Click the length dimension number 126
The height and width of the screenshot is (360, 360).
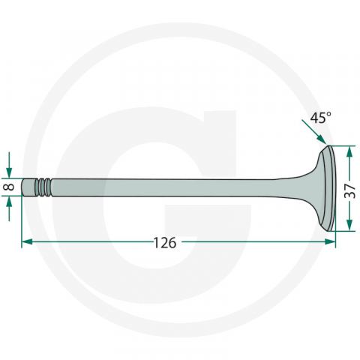point(163,242)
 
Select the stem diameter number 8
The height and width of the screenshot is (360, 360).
point(8,187)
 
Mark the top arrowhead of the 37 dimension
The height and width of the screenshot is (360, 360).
point(349,151)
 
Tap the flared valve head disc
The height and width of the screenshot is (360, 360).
point(327,187)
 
